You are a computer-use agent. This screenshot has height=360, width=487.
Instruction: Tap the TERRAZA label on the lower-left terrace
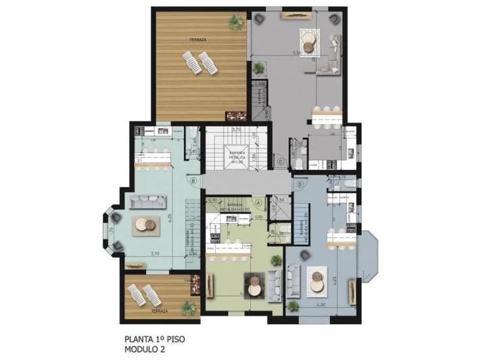click(x=160, y=311)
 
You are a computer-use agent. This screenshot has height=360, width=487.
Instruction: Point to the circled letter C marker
click(x=279, y=161)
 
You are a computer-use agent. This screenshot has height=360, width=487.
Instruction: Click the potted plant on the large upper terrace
click(x=235, y=22)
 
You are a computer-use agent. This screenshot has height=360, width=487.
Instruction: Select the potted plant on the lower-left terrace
click(x=188, y=308)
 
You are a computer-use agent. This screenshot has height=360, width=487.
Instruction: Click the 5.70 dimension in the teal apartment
click(x=155, y=254)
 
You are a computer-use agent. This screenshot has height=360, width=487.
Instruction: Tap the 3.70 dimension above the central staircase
click(x=237, y=129)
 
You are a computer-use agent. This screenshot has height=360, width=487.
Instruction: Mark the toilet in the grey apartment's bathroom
click(x=304, y=162)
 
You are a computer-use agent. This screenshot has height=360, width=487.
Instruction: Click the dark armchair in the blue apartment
click(x=305, y=255)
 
